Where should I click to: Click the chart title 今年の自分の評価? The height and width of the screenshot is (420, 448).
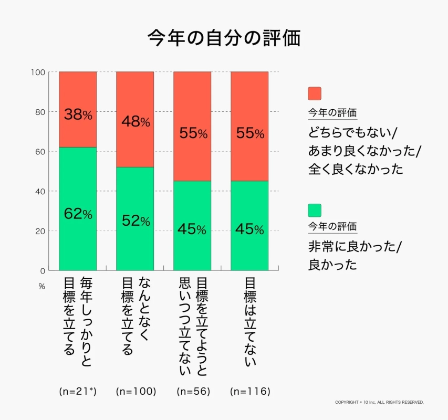tap(224, 38)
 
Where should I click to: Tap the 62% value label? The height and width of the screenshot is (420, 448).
tap(78, 214)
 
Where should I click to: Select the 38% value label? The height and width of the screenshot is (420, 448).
tap(78, 114)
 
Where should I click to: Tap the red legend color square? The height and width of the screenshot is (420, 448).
tap(314, 93)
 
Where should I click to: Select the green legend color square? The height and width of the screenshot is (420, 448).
tap(314, 210)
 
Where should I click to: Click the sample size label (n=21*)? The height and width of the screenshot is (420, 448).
tap(78, 391)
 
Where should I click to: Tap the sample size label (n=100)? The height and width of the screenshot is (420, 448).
tap(136, 391)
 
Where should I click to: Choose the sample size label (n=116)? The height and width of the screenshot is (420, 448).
tap(250, 391)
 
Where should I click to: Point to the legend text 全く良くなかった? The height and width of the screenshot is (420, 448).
tap(356, 169)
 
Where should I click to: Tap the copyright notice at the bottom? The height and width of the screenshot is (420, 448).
tap(379, 402)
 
